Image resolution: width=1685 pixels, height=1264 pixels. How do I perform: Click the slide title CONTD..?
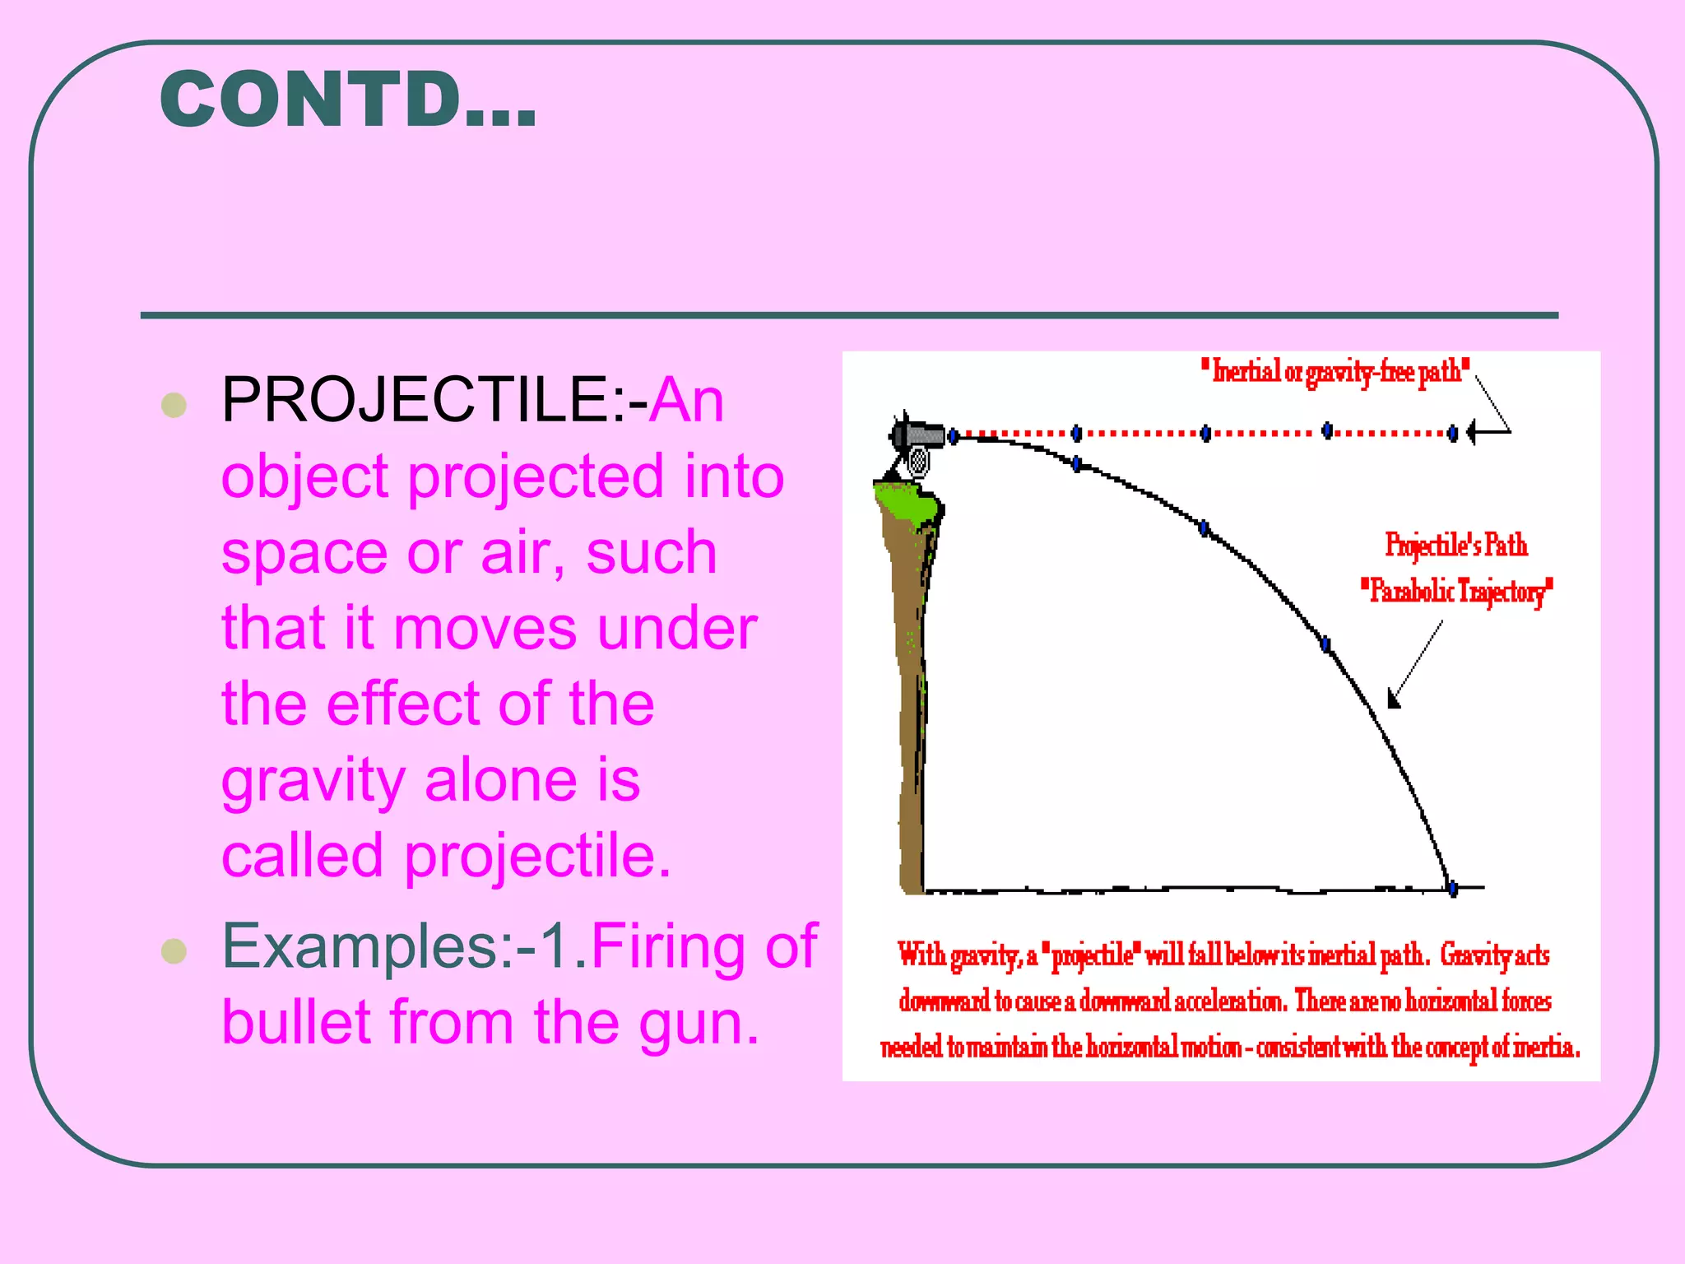348,100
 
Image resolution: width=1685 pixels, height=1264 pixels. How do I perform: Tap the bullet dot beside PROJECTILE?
174,405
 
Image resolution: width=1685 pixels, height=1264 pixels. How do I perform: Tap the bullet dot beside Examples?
174,950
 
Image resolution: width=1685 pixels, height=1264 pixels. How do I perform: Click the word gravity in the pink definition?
313,781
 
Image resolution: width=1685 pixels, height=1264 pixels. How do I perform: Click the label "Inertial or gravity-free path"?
1335,372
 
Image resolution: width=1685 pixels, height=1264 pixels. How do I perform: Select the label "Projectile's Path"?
1456,546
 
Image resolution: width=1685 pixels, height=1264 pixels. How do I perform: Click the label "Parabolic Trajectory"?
1456,591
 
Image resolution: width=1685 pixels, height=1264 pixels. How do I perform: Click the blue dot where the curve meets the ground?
1453,889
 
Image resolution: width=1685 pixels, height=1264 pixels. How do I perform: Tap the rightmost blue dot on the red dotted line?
1453,432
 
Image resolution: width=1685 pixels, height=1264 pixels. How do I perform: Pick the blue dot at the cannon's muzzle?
954,435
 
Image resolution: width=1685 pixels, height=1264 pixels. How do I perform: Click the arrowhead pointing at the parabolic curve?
1393,700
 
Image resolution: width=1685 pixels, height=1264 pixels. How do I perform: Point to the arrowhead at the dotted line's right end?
1473,431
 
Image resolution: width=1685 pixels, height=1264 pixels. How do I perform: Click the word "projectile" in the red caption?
1092,956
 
